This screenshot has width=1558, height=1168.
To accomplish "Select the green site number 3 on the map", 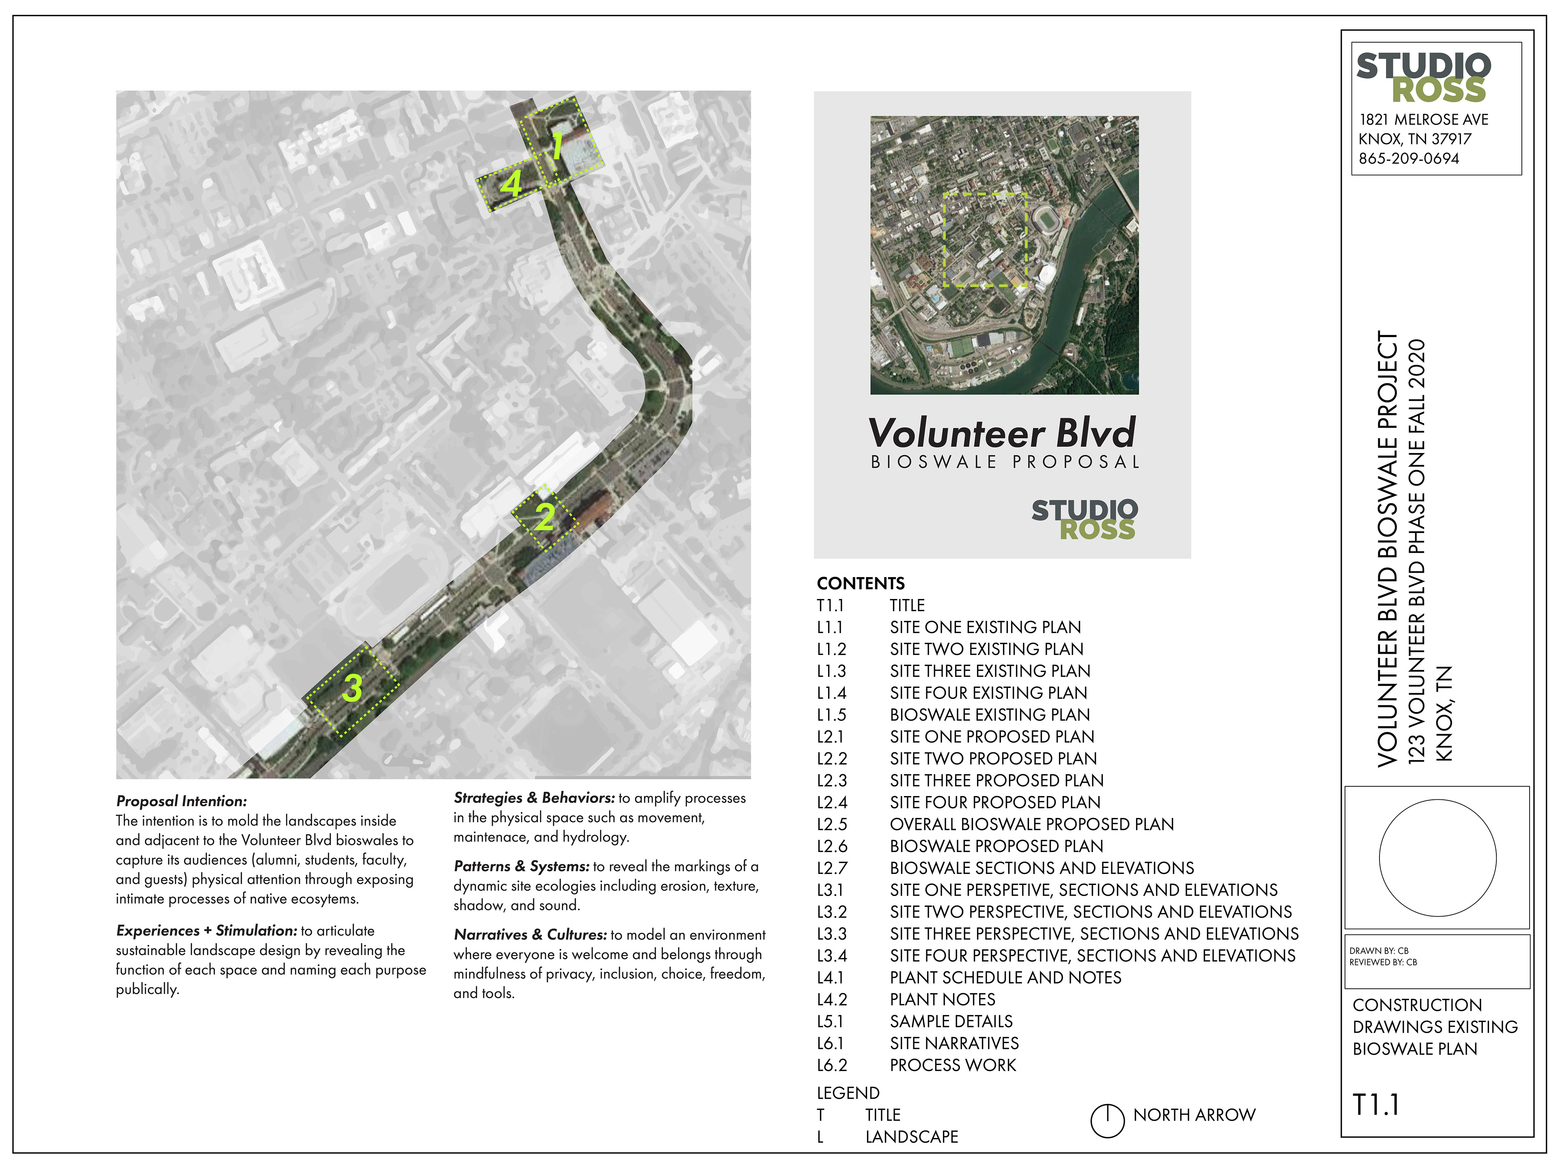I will click(x=352, y=688).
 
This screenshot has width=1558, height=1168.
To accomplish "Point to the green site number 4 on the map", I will click(x=511, y=185).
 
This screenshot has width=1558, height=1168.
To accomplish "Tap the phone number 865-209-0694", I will click(x=1409, y=159).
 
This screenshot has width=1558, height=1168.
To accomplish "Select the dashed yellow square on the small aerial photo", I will click(x=986, y=240).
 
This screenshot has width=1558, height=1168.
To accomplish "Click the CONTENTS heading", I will click(x=860, y=584).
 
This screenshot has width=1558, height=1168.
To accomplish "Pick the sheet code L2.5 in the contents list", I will click(x=832, y=824).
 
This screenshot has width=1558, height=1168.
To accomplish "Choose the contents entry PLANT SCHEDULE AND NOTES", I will click(x=1005, y=978).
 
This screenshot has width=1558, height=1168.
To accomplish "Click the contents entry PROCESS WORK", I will click(x=952, y=1065).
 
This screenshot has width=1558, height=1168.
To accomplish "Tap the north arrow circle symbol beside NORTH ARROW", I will click(x=1107, y=1121).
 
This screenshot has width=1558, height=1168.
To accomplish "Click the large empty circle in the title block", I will click(x=1437, y=857).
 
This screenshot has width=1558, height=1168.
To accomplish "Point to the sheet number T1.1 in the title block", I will click(x=1375, y=1105).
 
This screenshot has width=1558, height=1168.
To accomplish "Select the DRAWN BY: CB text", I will click(x=1378, y=951).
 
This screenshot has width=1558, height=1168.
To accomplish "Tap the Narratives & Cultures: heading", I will click(x=529, y=935).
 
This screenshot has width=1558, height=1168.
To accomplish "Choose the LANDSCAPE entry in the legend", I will click(x=911, y=1137).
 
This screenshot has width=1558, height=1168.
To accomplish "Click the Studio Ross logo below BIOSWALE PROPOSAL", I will click(x=1084, y=520).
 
